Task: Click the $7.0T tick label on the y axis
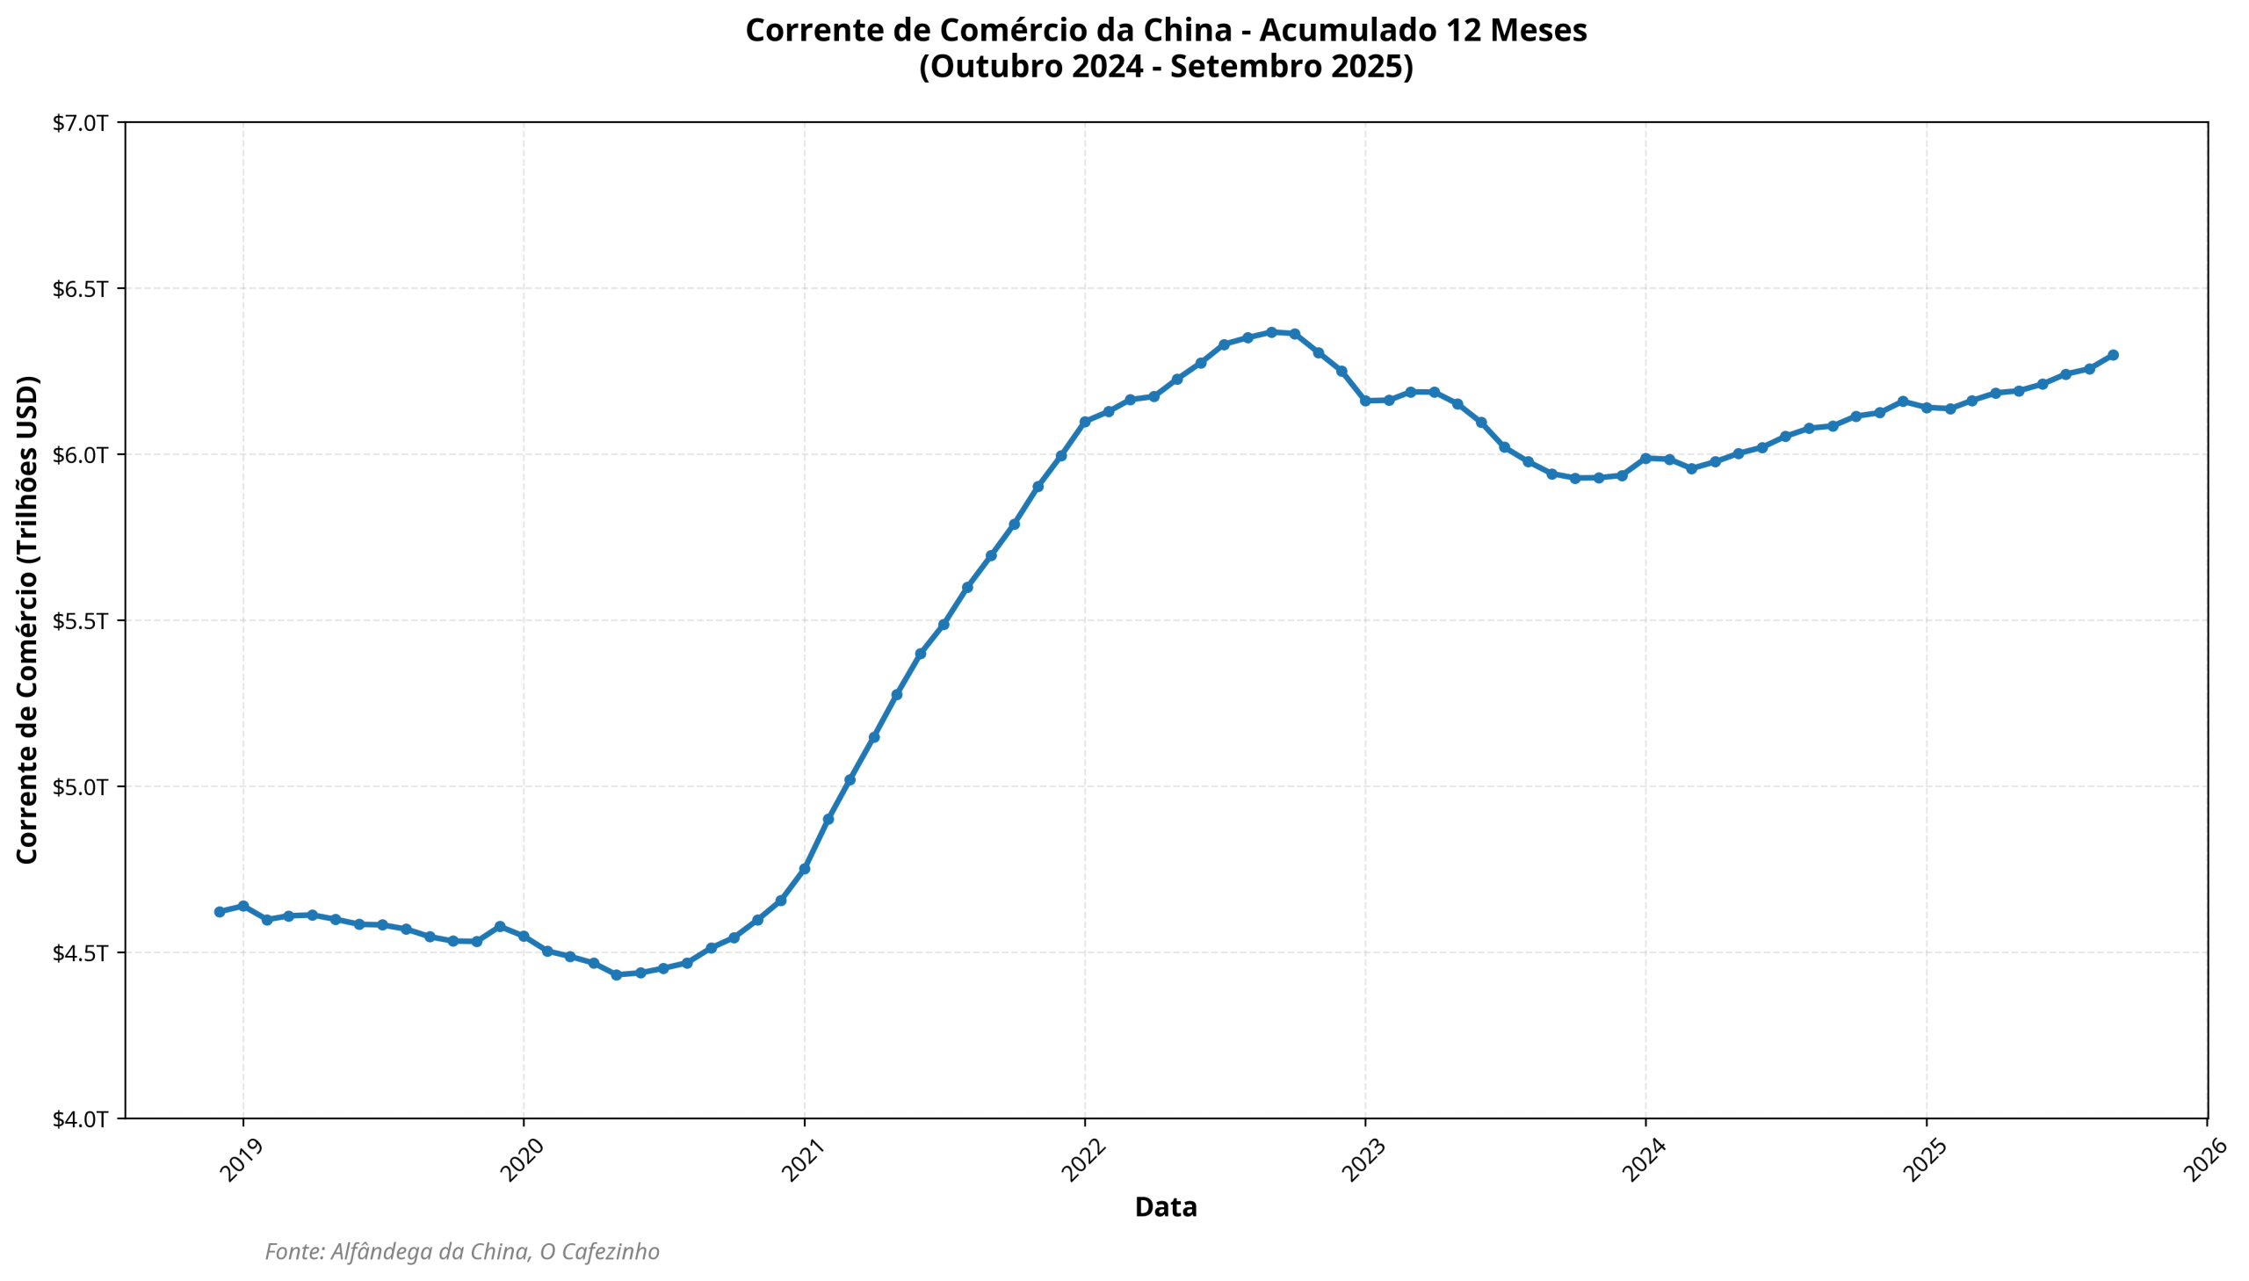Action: (80, 123)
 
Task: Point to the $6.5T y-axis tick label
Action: (80, 288)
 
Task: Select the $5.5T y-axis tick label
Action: (80, 621)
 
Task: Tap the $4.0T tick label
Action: (80, 1119)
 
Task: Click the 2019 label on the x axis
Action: (240, 1161)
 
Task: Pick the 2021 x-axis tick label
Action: (801, 1161)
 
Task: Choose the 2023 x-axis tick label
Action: (1363, 1161)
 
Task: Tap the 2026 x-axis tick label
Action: (2204, 1161)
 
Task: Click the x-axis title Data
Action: (1166, 1207)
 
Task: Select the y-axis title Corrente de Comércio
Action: (27, 620)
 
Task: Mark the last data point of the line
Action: (2113, 355)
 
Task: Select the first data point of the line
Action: (220, 911)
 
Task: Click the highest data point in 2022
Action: (1271, 332)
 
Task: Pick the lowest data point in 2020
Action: (616, 975)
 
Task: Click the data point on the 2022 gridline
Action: (1084, 422)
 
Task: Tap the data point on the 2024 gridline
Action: (1645, 458)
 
